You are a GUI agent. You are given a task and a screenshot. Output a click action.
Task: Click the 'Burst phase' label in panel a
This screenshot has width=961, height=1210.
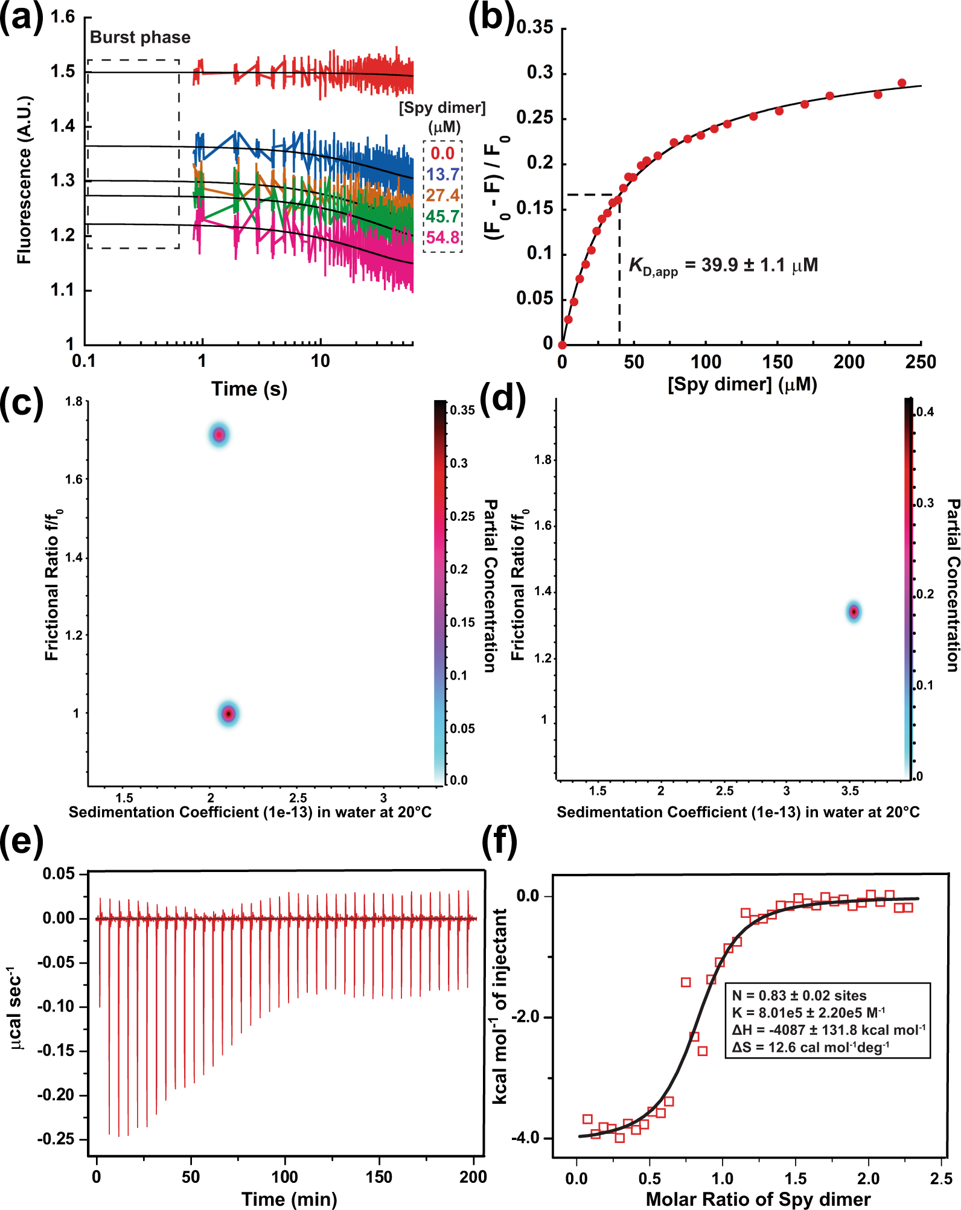pos(140,37)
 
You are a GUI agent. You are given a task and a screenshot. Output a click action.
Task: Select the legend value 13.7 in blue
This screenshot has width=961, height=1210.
pos(442,174)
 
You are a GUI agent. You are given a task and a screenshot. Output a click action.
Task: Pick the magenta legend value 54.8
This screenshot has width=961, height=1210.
pos(442,238)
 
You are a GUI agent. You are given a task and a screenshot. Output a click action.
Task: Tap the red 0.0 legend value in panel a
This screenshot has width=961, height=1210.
pos(442,153)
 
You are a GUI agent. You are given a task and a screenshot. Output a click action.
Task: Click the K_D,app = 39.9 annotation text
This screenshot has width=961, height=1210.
pos(723,266)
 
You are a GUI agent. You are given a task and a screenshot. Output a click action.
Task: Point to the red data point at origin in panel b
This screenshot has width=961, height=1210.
pos(562,345)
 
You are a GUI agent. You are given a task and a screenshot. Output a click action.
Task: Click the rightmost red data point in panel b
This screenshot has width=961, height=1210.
pos(902,83)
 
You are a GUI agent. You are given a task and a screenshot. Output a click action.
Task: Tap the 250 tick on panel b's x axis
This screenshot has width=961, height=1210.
pos(921,362)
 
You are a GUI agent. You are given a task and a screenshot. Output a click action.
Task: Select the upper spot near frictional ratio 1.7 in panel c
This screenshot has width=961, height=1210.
pos(219,435)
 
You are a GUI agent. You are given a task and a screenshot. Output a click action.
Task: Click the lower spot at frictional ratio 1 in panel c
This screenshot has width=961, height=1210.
pos(228,714)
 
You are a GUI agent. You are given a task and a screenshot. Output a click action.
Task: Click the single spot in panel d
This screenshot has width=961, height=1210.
pos(854,612)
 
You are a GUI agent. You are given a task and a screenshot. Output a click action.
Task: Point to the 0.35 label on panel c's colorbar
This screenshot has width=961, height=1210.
pos(463,410)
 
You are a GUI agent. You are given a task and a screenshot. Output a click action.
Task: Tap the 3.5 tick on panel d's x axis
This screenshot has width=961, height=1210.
pos(849,791)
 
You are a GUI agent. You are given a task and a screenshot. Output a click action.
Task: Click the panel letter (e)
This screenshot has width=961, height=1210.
pos(22,840)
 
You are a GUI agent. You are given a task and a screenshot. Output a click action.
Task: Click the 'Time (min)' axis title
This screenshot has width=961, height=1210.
pos(289,1199)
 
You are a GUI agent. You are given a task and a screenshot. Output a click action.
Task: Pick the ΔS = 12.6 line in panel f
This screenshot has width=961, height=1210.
pos(810,1047)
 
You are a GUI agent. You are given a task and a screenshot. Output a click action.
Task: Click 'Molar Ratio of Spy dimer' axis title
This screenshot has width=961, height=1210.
pos(758,1199)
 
